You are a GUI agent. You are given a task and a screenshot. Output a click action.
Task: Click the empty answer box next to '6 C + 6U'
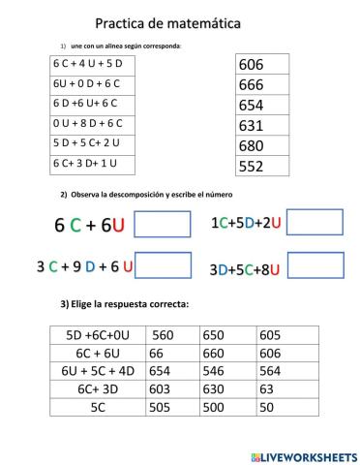click(x=163, y=224)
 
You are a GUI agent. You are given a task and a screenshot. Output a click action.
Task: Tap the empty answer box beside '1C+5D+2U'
click(x=316, y=223)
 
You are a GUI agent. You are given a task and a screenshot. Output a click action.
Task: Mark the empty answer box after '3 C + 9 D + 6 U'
click(x=163, y=264)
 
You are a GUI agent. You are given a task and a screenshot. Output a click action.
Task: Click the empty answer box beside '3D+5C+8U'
click(x=316, y=265)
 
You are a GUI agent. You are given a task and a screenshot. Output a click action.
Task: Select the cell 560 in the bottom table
click(x=172, y=336)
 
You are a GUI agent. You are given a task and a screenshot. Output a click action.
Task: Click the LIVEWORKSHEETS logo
click(x=303, y=455)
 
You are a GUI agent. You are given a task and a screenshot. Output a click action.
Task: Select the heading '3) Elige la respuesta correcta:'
click(x=125, y=304)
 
